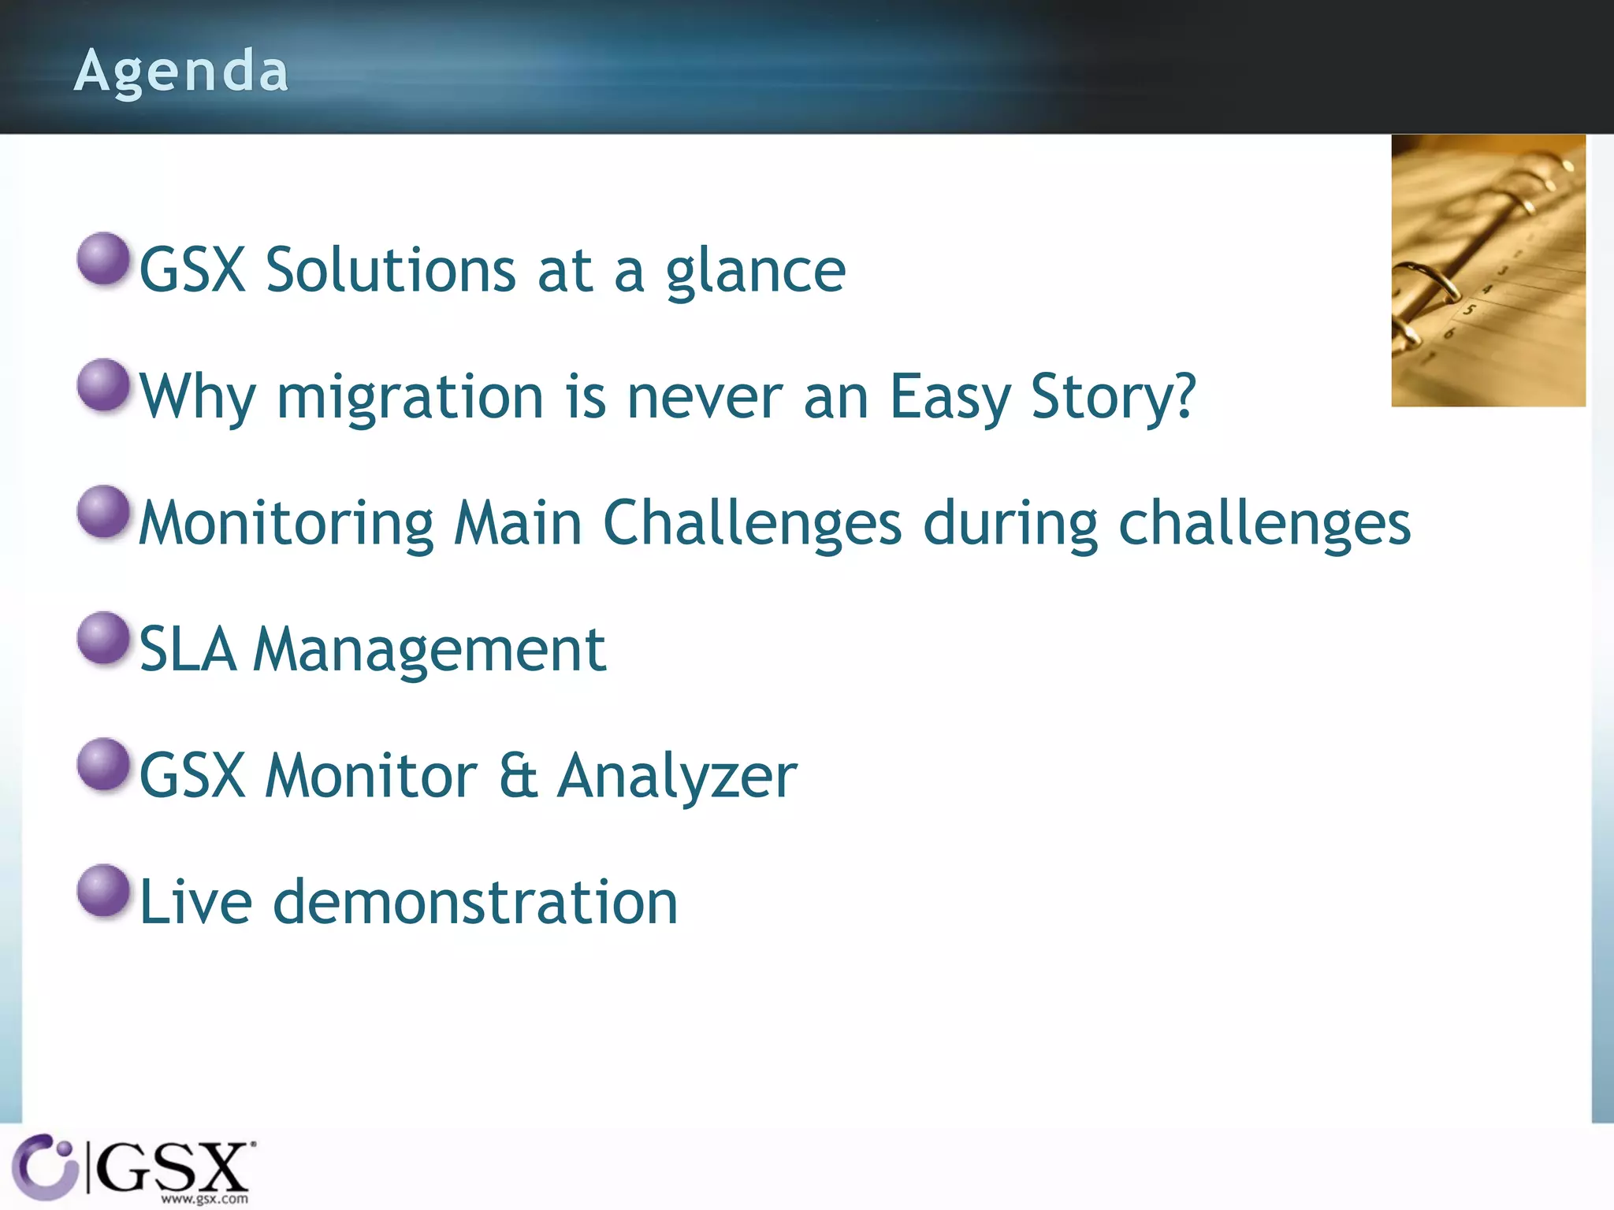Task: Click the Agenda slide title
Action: pyautogui.click(x=181, y=71)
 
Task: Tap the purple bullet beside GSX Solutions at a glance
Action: pyautogui.click(x=103, y=258)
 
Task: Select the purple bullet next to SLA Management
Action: pyautogui.click(x=103, y=637)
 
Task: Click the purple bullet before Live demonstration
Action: pyautogui.click(x=103, y=890)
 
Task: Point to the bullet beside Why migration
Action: pyautogui.click(x=103, y=384)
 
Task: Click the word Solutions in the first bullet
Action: pyautogui.click(x=390, y=270)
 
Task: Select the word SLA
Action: pyautogui.click(x=188, y=650)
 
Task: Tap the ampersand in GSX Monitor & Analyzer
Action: pyautogui.click(x=518, y=776)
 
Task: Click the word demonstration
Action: pyautogui.click(x=475, y=902)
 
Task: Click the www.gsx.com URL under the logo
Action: pyautogui.click(x=204, y=1199)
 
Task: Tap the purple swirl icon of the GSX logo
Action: pyautogui.click(x=43, y=1166)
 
